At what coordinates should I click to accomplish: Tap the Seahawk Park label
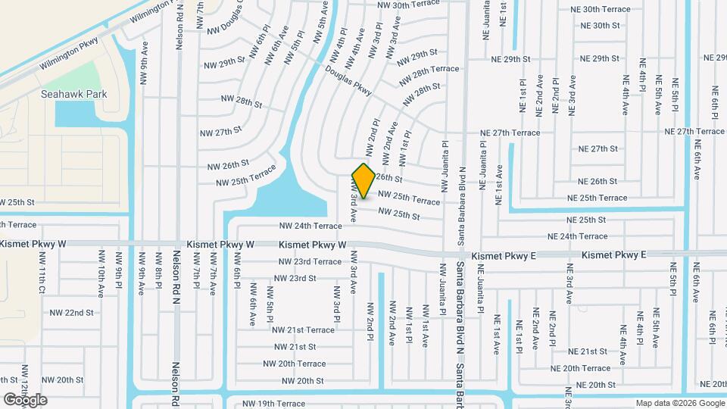(x=74, y=95)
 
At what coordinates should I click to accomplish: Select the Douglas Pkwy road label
(x=349, y=80)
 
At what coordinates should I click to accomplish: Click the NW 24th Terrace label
(x=310, y=226)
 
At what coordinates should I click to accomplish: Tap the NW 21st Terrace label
(x=303, y=329)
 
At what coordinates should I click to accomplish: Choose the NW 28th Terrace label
(x=426, y=70)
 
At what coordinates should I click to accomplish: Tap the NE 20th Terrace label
(x=581, y=368)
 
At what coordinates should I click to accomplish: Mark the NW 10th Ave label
(x=101, y=280)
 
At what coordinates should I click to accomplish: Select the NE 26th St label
(x=598, y=182)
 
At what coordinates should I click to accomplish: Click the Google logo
(x=25, y=400)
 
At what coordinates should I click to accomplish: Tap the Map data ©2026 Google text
(x=679, y=403)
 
